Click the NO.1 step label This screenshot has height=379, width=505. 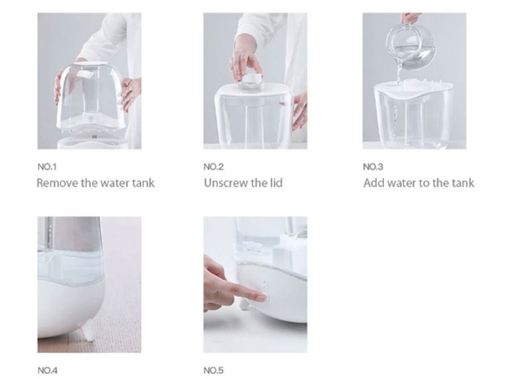coord(47,167)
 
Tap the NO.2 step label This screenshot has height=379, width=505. coord(213,167)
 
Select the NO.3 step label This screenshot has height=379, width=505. coord(373,167)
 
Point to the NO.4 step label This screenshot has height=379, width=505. coord(48,370)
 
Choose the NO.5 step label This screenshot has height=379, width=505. coord(213,370)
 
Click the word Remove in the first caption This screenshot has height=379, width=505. coord(57,183)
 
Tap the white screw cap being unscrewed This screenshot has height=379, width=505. coord(252,81)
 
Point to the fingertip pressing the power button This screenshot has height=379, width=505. coord(263,298)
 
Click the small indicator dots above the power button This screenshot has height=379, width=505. coord(264,286)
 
